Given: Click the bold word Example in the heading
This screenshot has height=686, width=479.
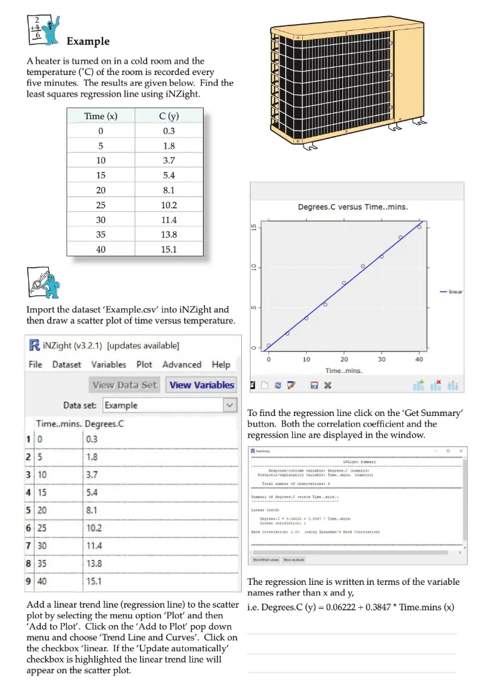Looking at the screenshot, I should pyautogui.click(x=88, y=42).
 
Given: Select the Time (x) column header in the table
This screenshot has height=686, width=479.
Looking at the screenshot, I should pyautogui.click(x=100, y=116).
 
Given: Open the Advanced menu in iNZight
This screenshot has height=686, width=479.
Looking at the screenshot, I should pyautogui.click(x=182, y=364).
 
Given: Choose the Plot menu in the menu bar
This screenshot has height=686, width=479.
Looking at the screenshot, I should pyautogui.click(x=144, y=364).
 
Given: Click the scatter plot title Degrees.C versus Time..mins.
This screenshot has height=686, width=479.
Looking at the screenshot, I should pyautogui.click(x=353, y=206).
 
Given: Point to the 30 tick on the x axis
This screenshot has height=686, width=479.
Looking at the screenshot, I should pyautogui.click(x=381, y=360).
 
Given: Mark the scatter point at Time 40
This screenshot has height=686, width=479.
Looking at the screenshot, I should pyautogui.click(x=419, y=226).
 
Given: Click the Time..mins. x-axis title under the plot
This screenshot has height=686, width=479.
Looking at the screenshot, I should pyautogui.click(x=344, y=370).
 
